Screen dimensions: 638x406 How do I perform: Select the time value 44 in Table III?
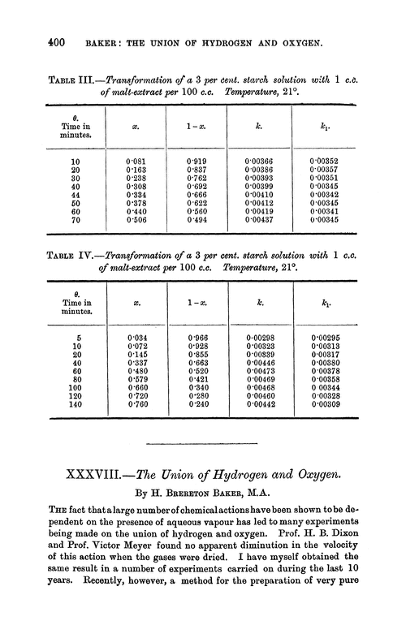[x=76, y=195]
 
